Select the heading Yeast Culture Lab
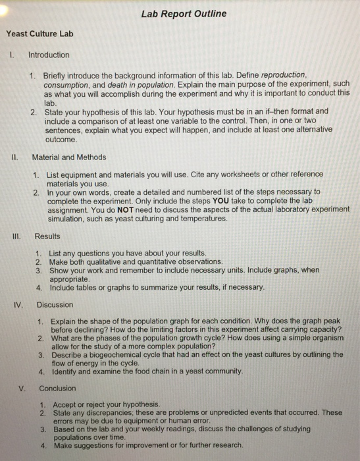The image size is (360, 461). point(39,33)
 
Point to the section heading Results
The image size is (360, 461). point(47,236)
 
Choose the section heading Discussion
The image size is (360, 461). point(55,305)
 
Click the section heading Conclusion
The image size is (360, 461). point(57,388)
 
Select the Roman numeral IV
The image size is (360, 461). point(19,305)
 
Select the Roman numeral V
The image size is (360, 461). point(22,388)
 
